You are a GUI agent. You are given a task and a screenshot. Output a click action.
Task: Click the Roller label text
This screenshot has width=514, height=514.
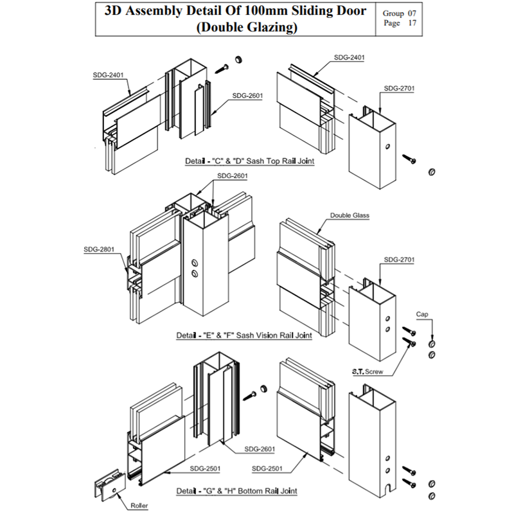click(139, 505)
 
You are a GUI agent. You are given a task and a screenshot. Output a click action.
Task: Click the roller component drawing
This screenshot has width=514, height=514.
click(110, 486)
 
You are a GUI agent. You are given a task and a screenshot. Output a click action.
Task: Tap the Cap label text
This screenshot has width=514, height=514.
click(422, 314)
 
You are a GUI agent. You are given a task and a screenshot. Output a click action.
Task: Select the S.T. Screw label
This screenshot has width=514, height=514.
click(368, 371)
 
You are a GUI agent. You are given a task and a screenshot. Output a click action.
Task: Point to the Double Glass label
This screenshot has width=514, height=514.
click(350, 215)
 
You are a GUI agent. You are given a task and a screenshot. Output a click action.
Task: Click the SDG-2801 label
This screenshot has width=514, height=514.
click(99, 249)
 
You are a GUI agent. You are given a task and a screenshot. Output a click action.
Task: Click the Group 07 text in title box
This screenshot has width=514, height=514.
click(399, 13)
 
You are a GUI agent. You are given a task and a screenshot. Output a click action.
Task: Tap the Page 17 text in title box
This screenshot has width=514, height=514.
click(400, 23)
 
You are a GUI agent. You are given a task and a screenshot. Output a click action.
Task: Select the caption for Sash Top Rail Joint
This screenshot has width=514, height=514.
click(250, 161)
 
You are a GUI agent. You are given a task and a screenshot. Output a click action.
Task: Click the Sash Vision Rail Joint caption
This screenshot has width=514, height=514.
click(244, 335)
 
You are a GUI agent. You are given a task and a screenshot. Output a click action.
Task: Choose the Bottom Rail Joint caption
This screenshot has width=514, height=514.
click(236, 491)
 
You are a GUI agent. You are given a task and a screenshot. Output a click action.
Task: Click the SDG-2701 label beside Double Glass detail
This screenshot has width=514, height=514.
click(399, 260)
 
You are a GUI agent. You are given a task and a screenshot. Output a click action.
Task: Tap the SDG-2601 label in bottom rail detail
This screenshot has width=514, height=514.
click(260, 449)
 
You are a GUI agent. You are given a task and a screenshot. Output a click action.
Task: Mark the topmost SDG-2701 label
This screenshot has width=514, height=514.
click(399, 88)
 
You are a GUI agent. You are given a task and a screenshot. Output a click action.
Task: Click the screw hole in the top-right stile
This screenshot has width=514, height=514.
click(387, 146)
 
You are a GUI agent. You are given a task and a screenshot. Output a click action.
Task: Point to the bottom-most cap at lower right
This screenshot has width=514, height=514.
click(432, 496)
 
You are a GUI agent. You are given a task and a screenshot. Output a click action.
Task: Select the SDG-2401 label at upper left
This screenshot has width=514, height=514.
click(108, 75)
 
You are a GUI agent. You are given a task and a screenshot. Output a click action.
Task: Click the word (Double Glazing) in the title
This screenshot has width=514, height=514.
click(247, 27)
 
